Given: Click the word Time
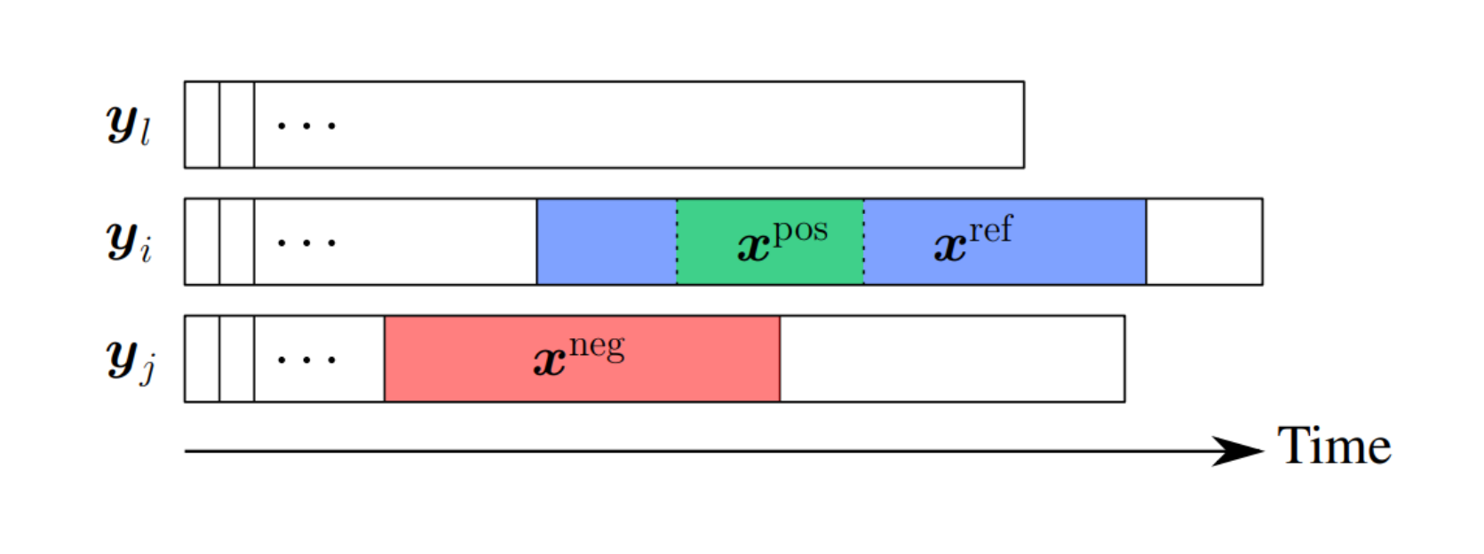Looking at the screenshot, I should (x=1334, y=446).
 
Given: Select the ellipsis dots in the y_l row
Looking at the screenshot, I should (x=306, y=125).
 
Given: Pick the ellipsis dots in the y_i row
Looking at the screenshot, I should (x=306, y=242).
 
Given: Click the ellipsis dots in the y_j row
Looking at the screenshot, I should (x=306, y=360).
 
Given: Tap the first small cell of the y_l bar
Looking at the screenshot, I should (x=202, y=124).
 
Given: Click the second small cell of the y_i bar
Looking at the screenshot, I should (x=237, y=241).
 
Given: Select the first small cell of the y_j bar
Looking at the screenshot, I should (x=202, y=359).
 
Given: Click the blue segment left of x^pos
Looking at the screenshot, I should (x=607, y=241).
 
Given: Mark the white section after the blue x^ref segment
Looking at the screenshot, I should (x=1203, y=241).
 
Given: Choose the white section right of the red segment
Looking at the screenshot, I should (x=952, y=359).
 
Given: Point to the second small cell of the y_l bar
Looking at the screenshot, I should (x=237, y=124).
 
